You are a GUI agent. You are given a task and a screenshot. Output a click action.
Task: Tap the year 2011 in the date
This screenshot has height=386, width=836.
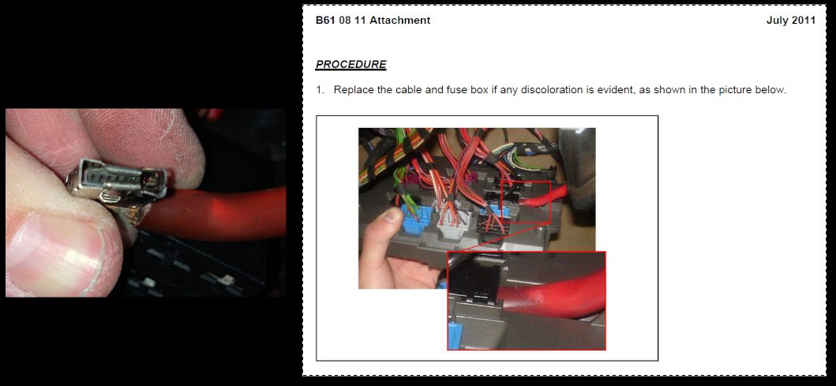[x=804, y=21]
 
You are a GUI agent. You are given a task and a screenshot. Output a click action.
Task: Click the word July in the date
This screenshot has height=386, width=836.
[x=778, y=21]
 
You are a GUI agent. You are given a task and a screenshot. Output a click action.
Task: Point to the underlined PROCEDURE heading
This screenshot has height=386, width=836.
[x=351, y=65]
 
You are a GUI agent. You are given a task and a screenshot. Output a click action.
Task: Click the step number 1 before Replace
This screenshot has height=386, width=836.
[x=320, y=89]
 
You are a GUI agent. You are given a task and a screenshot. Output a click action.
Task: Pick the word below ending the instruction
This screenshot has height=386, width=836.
[x=770, y=89]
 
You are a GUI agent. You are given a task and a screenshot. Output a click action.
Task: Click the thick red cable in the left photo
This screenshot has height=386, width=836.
[x=213, y=213]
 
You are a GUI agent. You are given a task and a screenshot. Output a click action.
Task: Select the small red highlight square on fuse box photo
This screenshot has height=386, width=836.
[x=527, y=202]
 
